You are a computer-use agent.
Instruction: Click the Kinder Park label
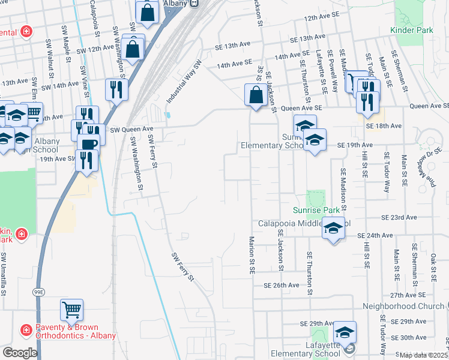click(411, 30)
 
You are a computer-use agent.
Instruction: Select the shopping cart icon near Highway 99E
click(71, 310)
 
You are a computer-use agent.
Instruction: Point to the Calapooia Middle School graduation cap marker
click(334, 229)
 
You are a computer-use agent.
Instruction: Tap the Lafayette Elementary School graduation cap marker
click(345, 332)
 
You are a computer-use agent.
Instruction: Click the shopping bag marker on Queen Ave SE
click(256, 95)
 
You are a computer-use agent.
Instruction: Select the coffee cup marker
click(89, 145)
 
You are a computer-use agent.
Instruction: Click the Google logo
click(20, 353)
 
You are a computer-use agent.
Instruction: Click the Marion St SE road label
click(252, 255)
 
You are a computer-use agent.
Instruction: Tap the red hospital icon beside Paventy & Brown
click(26, 329)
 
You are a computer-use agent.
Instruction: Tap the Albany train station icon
click(194, 3)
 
